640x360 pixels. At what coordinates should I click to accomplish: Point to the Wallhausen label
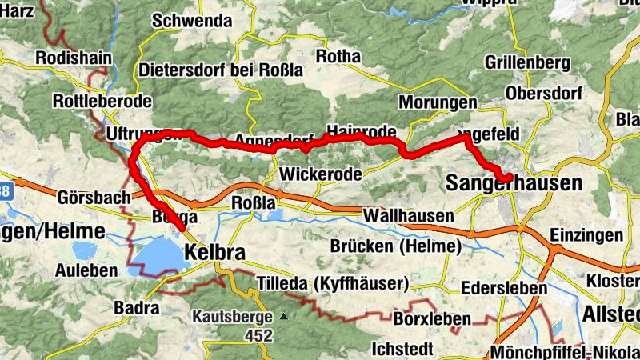coord(408,216)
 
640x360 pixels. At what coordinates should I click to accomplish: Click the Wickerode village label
coord(320,174)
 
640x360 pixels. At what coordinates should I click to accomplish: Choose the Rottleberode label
coord(101,102)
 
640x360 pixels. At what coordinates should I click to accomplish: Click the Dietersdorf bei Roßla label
coord(221,70)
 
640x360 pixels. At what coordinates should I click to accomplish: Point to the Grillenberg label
coord(527,62)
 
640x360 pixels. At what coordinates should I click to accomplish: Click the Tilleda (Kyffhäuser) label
coord(334,283)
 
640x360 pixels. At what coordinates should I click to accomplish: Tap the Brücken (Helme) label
coord(399,246)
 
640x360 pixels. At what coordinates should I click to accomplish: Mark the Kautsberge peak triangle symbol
coord(283,316)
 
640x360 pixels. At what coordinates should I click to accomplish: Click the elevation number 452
coord(259,336)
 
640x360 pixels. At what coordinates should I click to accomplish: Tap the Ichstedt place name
coord(403,349)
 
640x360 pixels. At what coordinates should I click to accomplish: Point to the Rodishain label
coord(74,58)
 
